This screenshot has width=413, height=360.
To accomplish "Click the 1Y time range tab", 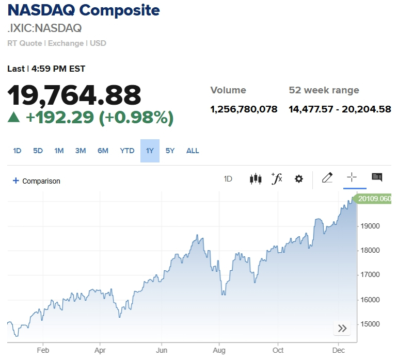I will [150, 151].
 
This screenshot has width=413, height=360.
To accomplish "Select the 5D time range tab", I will [38, 151].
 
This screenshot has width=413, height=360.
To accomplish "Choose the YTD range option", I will [127, 151].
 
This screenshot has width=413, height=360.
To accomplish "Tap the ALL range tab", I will [193, 151].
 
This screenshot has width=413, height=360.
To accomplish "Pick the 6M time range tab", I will [103, 151].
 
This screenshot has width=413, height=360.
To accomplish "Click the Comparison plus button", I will [16, 181].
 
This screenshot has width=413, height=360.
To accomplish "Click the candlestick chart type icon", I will [255, 179].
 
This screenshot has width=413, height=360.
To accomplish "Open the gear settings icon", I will [298, 179].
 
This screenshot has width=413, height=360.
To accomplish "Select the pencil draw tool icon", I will [327, 178].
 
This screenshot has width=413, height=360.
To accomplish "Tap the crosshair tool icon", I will [352, 178].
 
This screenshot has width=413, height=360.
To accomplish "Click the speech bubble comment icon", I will [377, 178].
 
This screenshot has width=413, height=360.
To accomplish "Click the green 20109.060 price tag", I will [373, 199].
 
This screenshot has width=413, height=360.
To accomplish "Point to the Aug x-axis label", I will [219, 349].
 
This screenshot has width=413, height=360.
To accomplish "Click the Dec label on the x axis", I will [338, 349].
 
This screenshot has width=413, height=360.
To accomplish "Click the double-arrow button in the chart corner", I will [342, 329].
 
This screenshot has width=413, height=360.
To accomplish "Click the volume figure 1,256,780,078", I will [244, 109].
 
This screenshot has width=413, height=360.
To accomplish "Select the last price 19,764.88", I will [74, 95].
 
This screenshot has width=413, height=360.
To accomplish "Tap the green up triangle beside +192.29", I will [13, 118].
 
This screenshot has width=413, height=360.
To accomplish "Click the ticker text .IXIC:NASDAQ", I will [44, 28].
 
